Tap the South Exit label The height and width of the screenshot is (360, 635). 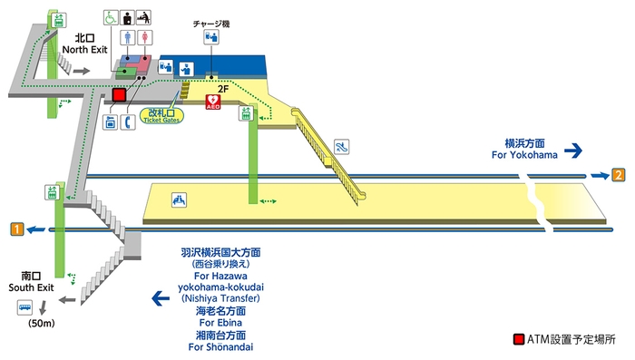pos(33,281)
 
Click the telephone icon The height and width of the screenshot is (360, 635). pos(129,122)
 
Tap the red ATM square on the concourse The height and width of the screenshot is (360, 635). pos(119,93)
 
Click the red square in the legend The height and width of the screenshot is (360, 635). pos(518,340)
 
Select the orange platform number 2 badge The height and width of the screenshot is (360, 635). pos(619,175)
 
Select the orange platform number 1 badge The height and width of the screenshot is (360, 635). pos(16,229)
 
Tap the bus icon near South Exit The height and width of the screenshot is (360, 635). pos(24,308)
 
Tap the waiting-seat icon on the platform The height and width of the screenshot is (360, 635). pos(180,199)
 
